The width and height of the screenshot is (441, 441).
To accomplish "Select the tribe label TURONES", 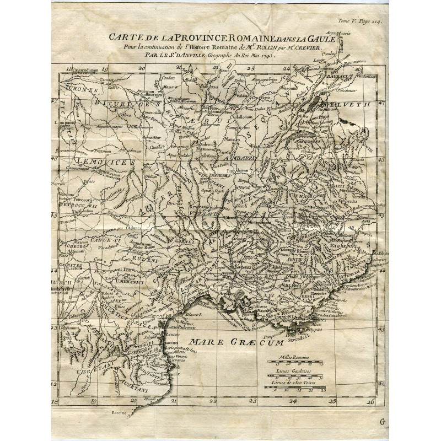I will pyautogui.click(x=80, y=89).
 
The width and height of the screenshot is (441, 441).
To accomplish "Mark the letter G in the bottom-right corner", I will pyautogui.click(x=383, y=422).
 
